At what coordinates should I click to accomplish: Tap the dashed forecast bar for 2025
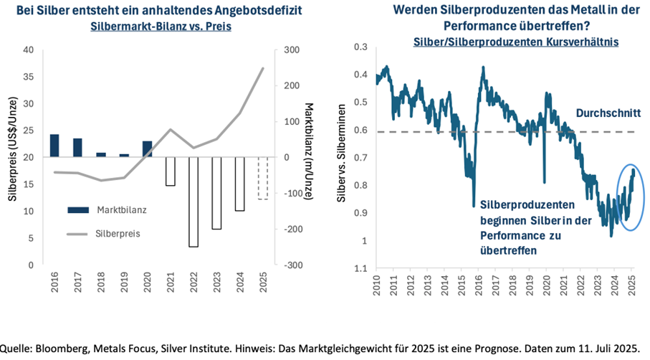point(262,178)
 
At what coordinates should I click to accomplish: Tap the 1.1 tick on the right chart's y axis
point(361,268)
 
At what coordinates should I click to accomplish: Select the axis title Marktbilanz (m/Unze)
point(307,158)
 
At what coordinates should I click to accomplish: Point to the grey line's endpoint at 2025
point(263,68)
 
